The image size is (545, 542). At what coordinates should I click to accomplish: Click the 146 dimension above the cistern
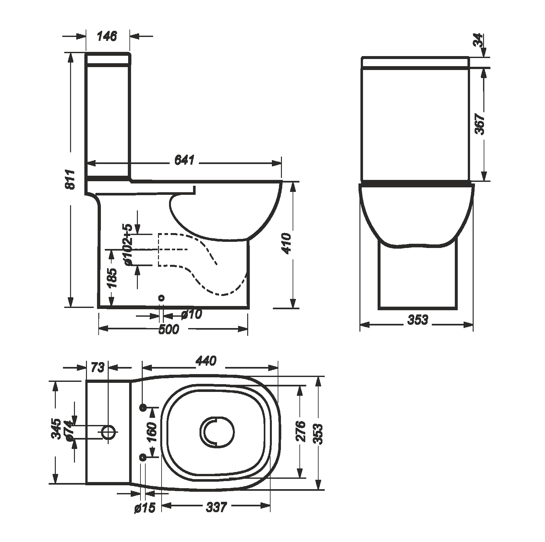coord(107,36)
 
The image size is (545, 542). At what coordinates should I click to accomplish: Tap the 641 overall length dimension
coord(184,160)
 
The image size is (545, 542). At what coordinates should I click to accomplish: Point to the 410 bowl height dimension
coord(287,243)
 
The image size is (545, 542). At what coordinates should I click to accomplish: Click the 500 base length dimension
coord(168,330)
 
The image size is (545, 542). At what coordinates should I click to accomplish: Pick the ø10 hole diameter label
coord(191,314)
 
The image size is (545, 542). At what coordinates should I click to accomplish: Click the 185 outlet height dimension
coord(112,278)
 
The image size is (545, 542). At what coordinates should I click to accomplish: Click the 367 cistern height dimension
coord(480,124)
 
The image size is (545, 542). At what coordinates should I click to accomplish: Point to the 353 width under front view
coord(418,320)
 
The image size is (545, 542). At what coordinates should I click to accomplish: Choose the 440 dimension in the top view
coord(206,361)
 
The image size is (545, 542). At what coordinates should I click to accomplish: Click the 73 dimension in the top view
coord(97,368)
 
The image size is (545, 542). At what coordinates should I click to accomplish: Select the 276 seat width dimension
coord(301,431)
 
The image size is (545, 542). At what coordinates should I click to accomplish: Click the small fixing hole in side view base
coord(161,298)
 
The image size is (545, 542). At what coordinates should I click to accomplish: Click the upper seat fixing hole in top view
coord(143,407)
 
